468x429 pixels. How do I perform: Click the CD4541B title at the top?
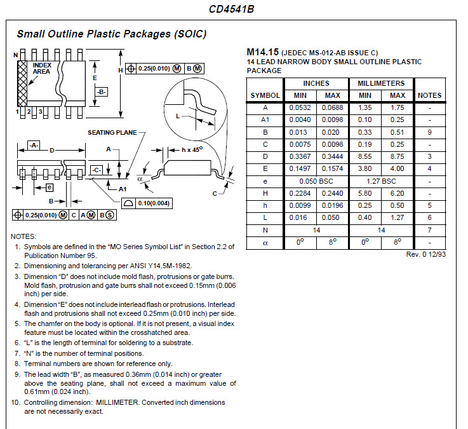(231, 9)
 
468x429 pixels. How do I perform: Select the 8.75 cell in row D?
(398, 156)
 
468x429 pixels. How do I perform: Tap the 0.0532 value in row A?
(300, 107)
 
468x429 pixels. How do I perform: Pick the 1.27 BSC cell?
(381, 181)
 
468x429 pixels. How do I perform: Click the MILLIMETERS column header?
(381, 83)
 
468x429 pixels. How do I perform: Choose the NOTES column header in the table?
(429, 95)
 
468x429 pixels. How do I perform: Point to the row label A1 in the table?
(265, 119)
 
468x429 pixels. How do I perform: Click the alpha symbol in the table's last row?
(265, 243)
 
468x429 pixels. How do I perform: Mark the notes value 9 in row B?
(429, 132)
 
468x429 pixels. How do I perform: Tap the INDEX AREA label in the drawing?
(42, 69)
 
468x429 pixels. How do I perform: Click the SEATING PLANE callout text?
(112, 133)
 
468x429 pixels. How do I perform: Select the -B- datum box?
(102, 92)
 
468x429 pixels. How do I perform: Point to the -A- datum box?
(34, 145)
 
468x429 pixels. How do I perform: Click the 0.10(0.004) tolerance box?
(147, 203)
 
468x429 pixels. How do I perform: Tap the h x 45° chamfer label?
(192, 149)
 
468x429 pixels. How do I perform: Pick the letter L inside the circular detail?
(178, 116)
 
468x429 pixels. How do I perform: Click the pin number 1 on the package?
(17, 112)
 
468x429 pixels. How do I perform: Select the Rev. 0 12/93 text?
(426, 254)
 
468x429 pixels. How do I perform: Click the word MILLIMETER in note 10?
(117, 402)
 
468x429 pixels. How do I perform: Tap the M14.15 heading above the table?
(263, 52)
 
